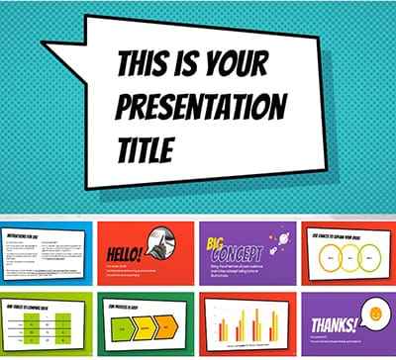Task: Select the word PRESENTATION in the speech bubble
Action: point(201,107)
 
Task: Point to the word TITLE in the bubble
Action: point(145,149)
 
